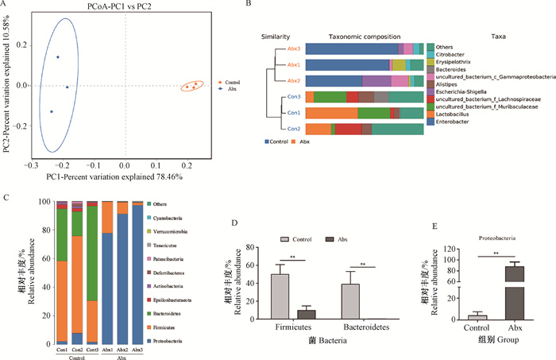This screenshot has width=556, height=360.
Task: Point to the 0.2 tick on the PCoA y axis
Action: [x=17, y=41]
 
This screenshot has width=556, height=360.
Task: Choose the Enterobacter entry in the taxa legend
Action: [x=455, y=122]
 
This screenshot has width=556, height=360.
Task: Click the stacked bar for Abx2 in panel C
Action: [x=122, y=273]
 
